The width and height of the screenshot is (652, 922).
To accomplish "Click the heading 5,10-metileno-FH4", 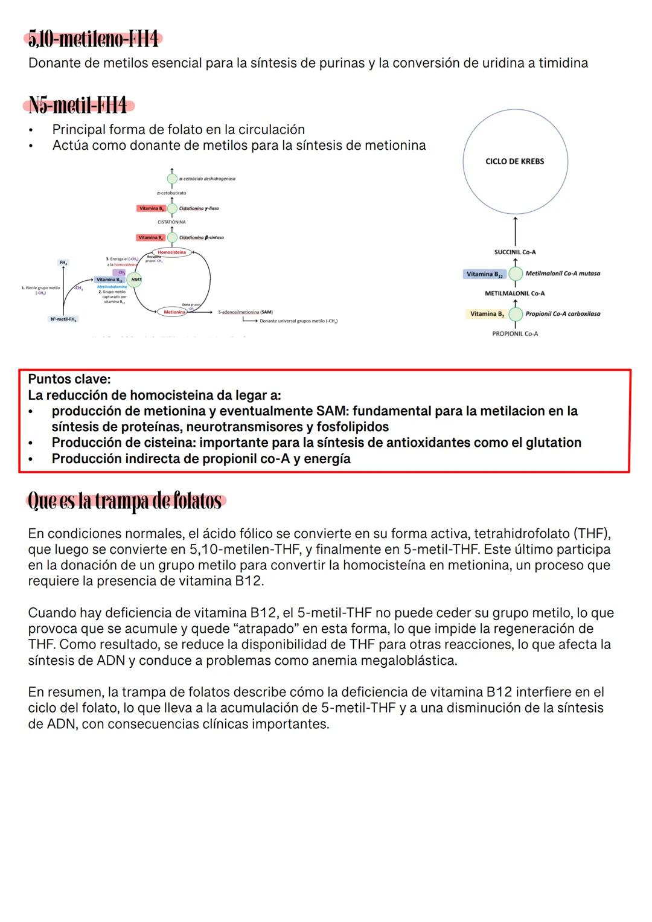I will tap(94, 40).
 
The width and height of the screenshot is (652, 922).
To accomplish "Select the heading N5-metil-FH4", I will tap(78, 106).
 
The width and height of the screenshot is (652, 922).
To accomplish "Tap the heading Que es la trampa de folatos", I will tap(126, 501).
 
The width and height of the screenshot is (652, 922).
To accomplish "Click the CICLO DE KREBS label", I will tap(514, 161).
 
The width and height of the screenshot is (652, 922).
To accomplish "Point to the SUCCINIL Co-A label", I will tap(515, 252).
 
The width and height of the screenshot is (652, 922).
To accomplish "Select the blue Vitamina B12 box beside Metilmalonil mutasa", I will tap(484, 274).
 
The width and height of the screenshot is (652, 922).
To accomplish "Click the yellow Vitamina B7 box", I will tap(487, 314).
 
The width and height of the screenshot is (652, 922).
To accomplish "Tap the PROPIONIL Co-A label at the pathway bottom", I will tap(515, 334).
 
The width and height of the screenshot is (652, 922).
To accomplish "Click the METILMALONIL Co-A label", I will tap(515, 293).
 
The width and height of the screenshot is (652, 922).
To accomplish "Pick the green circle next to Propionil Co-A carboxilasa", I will tap(515, 314).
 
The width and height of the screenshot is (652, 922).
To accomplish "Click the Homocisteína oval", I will tap(172, 252).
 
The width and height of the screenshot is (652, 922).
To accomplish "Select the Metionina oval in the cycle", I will tap(174, 312).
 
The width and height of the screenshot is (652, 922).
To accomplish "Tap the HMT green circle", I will tap(136, 280).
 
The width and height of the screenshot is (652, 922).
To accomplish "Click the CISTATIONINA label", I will tap(171, 222).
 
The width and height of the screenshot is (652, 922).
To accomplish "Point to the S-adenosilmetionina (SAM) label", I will tap(245, 312).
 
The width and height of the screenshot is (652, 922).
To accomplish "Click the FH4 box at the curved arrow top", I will tap(63, 263).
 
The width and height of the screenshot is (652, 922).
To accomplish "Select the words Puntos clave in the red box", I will tap(69, 380).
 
